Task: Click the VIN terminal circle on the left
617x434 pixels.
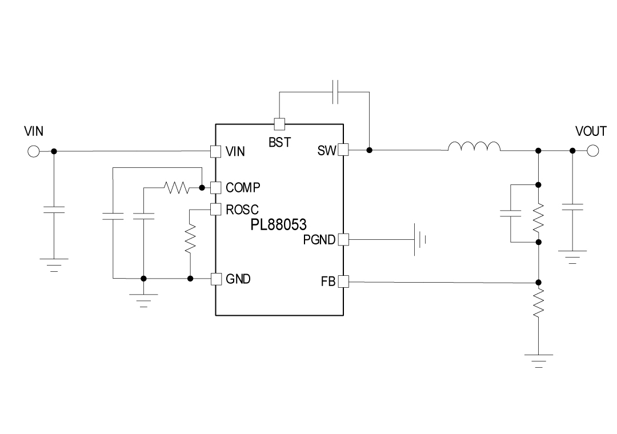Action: [33, 151]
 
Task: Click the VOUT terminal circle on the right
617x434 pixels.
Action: [592, 151]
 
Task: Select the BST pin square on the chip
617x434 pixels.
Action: [279, 124]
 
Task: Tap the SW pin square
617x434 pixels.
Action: [343, 150]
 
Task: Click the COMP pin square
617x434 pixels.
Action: [215, 187]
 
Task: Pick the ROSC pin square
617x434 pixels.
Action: [215, 209]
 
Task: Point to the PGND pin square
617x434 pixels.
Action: [343, 239]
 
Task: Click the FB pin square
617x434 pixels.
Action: [343, 281]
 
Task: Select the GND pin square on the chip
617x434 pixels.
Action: [215, 279]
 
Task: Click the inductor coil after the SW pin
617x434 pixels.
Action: [474, 147]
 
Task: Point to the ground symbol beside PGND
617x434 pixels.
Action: [420, 239]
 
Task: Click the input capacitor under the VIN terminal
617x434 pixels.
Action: [54, 210]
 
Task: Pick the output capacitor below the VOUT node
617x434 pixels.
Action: [572, 206]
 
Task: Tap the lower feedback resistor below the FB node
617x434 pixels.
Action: [538, 303]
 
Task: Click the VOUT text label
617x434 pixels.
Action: [591, 131]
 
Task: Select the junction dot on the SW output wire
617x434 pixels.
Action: [370, 150]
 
